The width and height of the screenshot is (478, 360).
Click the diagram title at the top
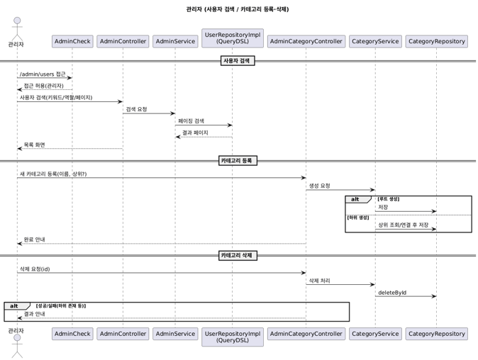coord(238,9)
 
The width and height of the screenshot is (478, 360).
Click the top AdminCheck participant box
coord(72,41)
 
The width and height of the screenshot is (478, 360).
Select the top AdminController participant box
coord(123,41)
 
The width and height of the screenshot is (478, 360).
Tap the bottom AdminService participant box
coord(175,334)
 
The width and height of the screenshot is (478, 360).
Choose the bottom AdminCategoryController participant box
coord(306,334)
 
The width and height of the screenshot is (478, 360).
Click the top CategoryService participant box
coord(375,41)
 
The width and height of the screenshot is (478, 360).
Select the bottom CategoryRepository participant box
coord(436,334)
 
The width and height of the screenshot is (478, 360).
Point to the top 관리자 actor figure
coord(16,28)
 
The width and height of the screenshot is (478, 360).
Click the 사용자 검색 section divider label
coord(238,61)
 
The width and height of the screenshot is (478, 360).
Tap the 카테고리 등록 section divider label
coord(238,161)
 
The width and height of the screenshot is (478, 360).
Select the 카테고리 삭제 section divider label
coord(238,255)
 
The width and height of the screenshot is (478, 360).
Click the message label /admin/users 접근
coord(43,74)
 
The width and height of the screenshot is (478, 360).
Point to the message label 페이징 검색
coord(191,121)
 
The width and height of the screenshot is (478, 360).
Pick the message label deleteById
coord(392,293)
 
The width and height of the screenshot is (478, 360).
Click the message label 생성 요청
coord(319,186)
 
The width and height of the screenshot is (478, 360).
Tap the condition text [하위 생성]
coord(358,217)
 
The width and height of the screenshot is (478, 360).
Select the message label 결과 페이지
coord(195,133)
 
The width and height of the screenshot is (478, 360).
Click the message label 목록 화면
coord(34,145)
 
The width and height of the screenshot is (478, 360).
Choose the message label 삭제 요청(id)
coord(35,269)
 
